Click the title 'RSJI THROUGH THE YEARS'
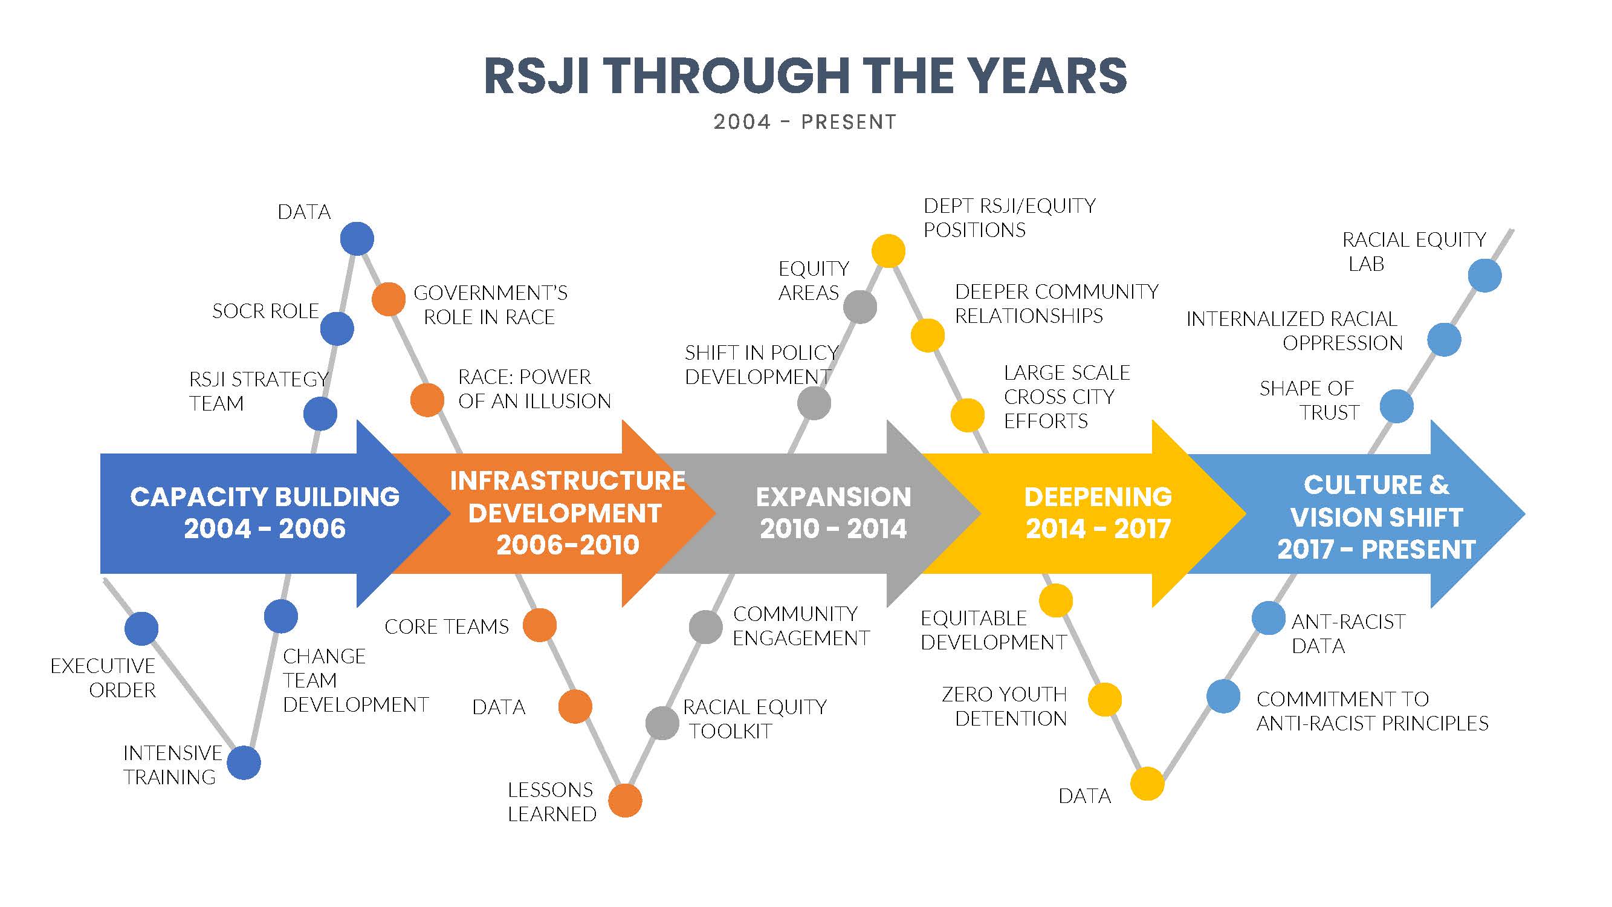click(805, 76)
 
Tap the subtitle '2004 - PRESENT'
click(805, 122)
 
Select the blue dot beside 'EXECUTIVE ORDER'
click(141, 628)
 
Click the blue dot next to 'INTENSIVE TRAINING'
click(244, 762)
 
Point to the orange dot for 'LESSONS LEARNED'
click(625, 800)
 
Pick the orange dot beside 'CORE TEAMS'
click(539, 625)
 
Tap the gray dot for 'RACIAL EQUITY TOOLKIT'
click(662, 723)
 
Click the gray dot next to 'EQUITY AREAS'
click(860, 307)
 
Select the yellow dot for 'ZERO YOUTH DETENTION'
click(1104, 699)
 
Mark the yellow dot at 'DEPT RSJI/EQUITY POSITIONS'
click(889, 251)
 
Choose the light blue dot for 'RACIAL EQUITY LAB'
click(1484, 275)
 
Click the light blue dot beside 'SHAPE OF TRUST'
click(1397, 406)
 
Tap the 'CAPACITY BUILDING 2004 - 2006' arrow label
click(265, 513)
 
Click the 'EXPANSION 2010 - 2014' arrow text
click(833, 513)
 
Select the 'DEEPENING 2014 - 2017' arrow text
click(1098, 513)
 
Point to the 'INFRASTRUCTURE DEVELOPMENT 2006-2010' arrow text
click(567, 513)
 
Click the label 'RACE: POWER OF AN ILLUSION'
click(534, 389)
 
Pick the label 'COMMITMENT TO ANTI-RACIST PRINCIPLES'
click(1371, 711)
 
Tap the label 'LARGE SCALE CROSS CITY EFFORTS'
click(1066, 397)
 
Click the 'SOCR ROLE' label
click(265, 311)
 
